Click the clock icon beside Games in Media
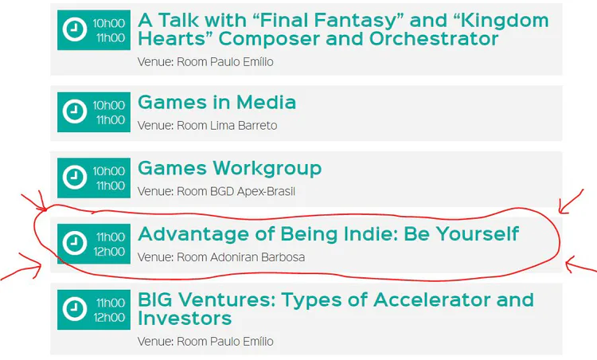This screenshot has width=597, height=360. click(75, 112)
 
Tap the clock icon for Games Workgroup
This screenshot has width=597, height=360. click(75, 177)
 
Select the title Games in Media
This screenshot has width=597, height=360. click(217, 102)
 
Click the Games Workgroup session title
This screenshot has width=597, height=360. click(229, 168)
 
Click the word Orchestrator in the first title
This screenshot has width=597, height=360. click(434, 38)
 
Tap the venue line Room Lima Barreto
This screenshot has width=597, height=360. click(208, 125)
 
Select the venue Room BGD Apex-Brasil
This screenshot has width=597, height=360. click(217, 191)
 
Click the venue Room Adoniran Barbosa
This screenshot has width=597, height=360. click(221, 257)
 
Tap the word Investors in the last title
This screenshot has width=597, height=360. click(185, 318)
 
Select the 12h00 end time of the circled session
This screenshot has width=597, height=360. click(109, 252)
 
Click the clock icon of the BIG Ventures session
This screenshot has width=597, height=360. click(75, 309)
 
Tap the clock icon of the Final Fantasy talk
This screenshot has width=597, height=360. click(75, 29)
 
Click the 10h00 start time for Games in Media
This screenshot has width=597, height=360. click(109, 105)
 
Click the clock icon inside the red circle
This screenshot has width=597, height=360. click(75, 243)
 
